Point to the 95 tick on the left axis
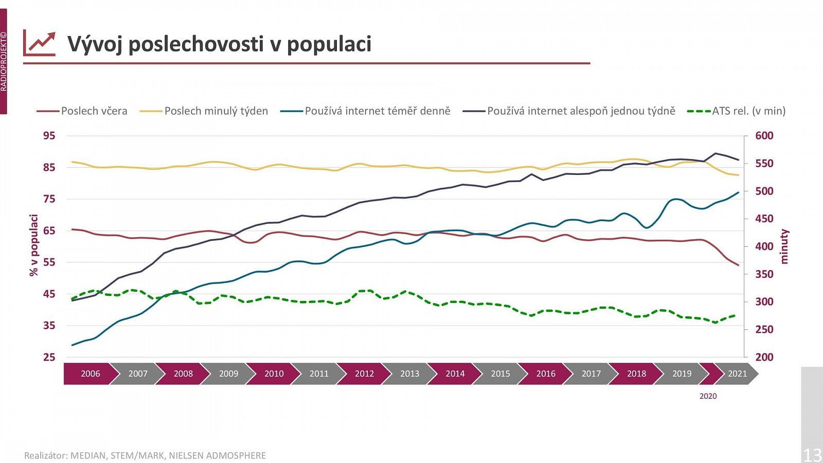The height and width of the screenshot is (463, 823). pyautogui.click(x=49, y=136)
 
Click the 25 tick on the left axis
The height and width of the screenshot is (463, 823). pyautogui.click(x=49, y=357)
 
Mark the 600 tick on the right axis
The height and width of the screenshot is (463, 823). pyautogui.click(x=764, y=136)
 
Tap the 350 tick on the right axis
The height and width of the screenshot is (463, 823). pyautogui.click(x=764, y=274)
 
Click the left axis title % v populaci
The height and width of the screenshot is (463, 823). pyautogui.click(x=34, y=245)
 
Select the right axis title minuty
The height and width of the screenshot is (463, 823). pyautogui.click(x=784, y=247)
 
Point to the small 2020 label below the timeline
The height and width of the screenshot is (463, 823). pyautogui.click(x=708, y=396)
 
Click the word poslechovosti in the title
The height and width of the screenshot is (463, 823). pyautogui.click(x=196, y=44)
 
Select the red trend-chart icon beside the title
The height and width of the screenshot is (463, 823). pyautogui.click(x=40, y=44)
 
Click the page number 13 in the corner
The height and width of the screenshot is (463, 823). pyautogui.click(x=812, y=455)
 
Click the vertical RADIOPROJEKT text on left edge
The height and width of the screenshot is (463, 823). pyautogui.click(x=4, y=62)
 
